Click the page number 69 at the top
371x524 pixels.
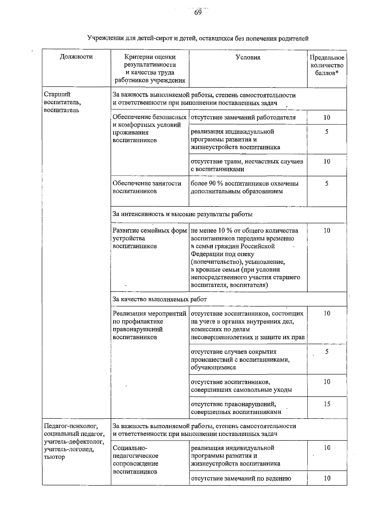pos(198,13)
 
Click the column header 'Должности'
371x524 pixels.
pos(76,57)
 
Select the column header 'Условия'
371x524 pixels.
pos(248,57)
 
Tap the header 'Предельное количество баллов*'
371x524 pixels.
pos(327,65)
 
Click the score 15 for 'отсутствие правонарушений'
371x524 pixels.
pos(327,404)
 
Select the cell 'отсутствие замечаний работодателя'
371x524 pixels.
pos(243,117)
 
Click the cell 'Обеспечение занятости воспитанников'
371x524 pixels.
pos(147,187)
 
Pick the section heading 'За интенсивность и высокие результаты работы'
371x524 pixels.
pos(182,214)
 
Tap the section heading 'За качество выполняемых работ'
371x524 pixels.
pos(160,299)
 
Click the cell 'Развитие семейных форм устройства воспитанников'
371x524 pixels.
pos(150,238)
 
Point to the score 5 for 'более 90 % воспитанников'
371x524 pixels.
pos(327,184)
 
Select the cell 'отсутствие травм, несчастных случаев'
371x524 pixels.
pos(247,165)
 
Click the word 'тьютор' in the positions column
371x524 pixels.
pos(54,457)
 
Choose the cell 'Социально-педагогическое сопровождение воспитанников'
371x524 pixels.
pos(136,460)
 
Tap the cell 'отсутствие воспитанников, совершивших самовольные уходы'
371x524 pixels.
pos(241,386)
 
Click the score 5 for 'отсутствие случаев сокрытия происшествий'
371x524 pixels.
pos(327,352)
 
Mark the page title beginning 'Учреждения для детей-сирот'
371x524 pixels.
pos(198,39)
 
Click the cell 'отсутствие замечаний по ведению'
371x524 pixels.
pos(241,479)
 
